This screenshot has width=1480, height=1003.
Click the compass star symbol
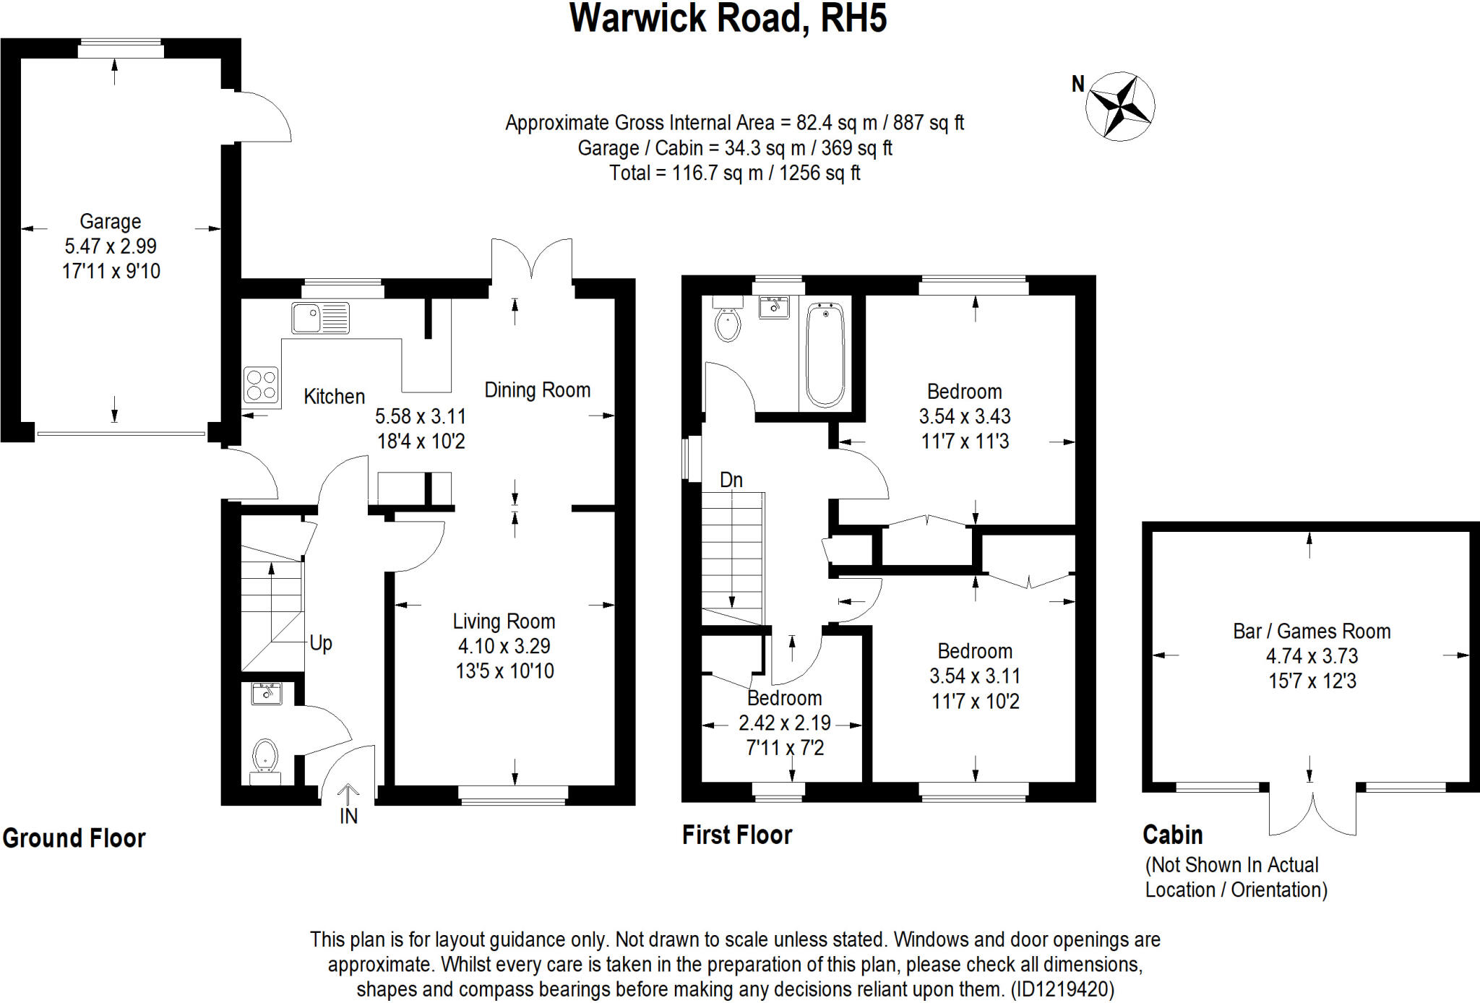(1119, 106)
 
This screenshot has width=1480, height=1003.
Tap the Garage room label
(110, 221)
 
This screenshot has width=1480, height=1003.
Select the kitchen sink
(320, 318)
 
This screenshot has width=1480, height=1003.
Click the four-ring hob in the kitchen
(261, 384)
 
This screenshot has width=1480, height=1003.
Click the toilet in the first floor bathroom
(727, 323)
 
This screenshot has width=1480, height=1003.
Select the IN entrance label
(348, 816)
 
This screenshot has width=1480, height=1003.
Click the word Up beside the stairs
(321, 643)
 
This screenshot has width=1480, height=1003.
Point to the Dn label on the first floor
(731, 480)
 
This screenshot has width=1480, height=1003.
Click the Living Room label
(504, 621)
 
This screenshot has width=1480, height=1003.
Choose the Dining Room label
(537, 390)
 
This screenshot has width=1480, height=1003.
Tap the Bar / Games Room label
(1311, 632)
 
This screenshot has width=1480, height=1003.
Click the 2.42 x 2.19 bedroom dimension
(784, 723)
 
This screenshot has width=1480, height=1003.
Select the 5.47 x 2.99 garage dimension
(111, 246)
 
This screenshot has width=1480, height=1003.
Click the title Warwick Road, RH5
(728, 19)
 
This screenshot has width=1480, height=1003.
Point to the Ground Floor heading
(74, 838)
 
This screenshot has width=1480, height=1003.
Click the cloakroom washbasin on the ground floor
(267, 694)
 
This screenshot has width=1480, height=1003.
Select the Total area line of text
(734, 173)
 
